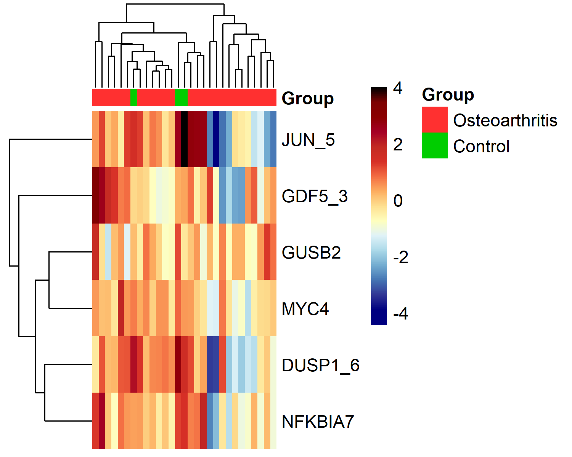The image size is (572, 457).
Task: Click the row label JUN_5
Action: (x=308, y=140)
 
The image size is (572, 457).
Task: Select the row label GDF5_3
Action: (x=315, y=196)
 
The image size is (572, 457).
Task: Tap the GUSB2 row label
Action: (x=311, y=252)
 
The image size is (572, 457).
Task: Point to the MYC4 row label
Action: (x=305, y=309)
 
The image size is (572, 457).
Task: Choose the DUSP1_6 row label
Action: (x=321, y=365)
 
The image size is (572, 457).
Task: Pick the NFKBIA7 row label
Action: (x=318, y=422)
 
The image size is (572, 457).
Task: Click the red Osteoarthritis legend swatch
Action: (x=435, y=120)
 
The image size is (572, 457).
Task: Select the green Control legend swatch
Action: (x=435, y=145)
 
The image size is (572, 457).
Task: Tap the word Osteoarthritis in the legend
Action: (x=505, y=120)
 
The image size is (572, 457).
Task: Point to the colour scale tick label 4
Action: (x=398, y=88)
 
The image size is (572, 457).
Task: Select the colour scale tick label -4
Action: (x=400, y=313)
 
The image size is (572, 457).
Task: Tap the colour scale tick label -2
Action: (x=400, y=257)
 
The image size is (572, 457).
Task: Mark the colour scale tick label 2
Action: (x=398, y=144)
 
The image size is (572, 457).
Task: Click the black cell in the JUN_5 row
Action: (x=185, y=139)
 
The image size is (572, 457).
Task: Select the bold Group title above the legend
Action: (x=448, y=94)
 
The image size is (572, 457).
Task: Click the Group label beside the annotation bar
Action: (x=307, y=99)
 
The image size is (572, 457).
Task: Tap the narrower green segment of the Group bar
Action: (x=134, y=97)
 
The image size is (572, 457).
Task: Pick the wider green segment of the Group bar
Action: (x=181, y=97)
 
